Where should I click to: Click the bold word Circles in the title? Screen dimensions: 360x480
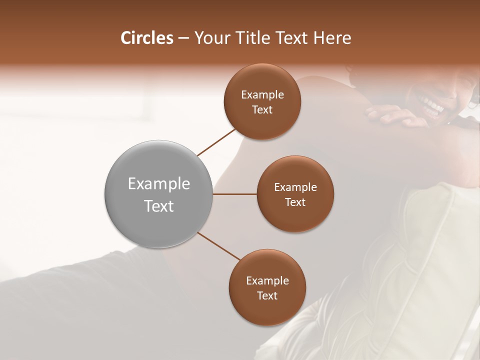[147, 38]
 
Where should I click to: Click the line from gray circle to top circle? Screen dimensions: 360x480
[216, 141]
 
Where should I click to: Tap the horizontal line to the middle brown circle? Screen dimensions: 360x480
[234, 194]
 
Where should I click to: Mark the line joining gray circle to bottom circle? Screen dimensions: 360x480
[219, 246]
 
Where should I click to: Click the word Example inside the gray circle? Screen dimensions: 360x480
[158, 184]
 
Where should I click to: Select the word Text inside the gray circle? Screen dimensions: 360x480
[158, 206]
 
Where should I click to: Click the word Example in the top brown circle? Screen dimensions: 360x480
[262, 94]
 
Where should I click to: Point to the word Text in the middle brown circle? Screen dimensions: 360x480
[295, 202]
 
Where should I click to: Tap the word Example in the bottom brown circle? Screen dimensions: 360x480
[267, 280]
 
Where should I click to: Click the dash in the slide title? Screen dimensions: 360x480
[183, 38]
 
